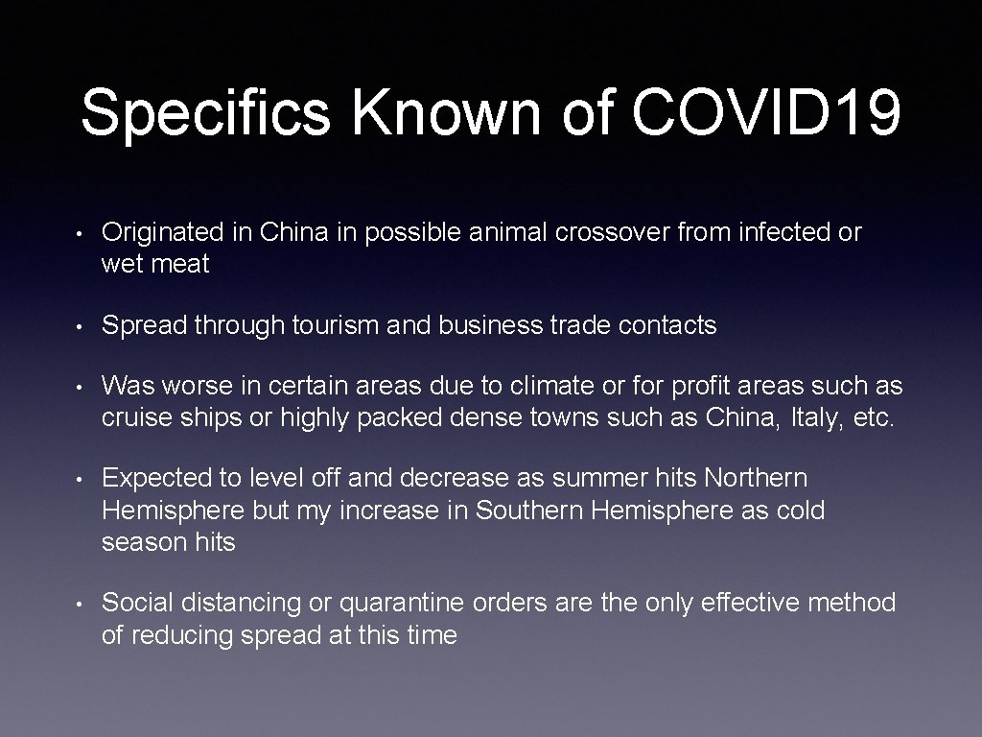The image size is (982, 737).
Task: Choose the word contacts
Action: coord(667,326)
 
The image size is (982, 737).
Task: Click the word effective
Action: coord(751,603)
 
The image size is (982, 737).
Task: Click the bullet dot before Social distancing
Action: coord(82,604)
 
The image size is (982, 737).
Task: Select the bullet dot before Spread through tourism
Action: coord(82,327)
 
